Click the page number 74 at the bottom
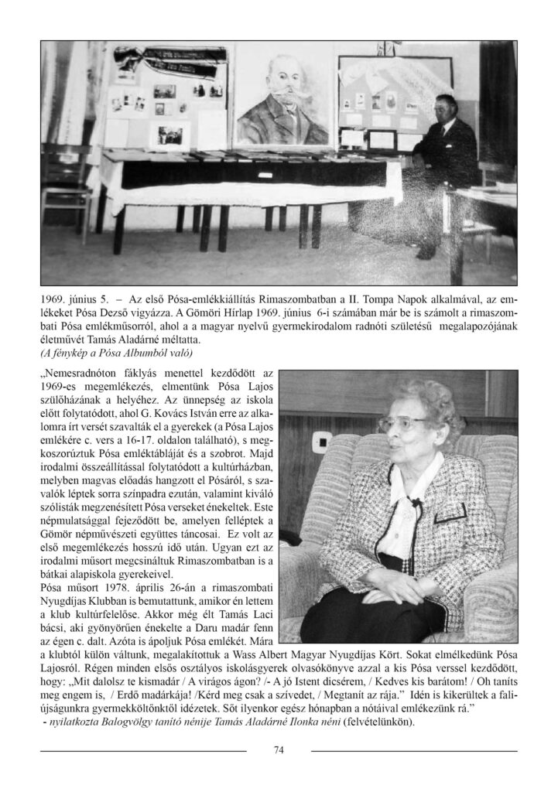point(279,749)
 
